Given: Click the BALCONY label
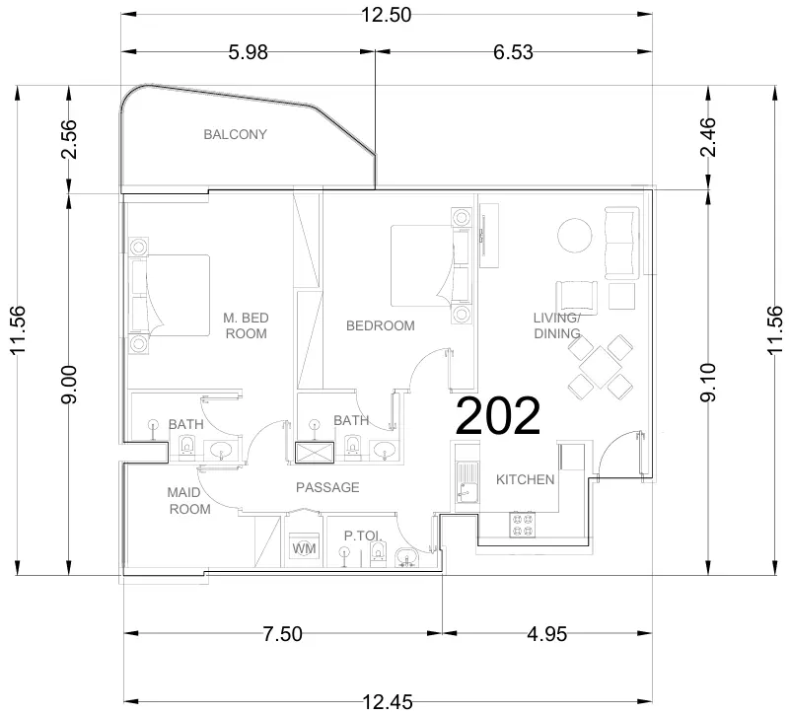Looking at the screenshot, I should click(235, 134).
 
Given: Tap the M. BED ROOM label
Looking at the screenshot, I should click(246, 325).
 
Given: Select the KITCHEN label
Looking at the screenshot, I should click(525, 479).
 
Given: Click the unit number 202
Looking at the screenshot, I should click(497, 417).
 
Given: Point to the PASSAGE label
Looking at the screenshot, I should click(327, 487).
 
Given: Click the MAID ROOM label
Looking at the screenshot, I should click(189, 501).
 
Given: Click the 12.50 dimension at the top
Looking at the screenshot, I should click(386, 14).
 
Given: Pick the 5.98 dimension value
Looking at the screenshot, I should click(248, 53).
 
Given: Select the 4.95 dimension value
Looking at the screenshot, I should click(546, 634).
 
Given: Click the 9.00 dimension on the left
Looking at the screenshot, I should click(68, 384).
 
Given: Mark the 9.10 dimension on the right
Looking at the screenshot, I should click(707, 384).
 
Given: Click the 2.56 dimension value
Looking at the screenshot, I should click(68, 140).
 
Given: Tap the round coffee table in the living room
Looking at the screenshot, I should click(574, 236).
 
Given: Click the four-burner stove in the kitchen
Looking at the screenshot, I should click(522, 524).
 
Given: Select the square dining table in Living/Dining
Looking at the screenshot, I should click(600, 367).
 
